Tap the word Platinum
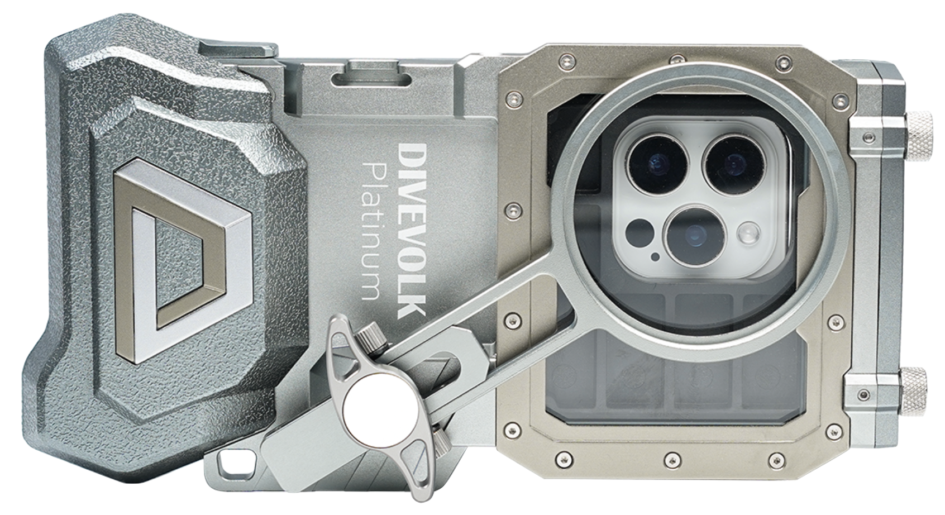[373, 231]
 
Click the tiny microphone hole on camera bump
[655, 256]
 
